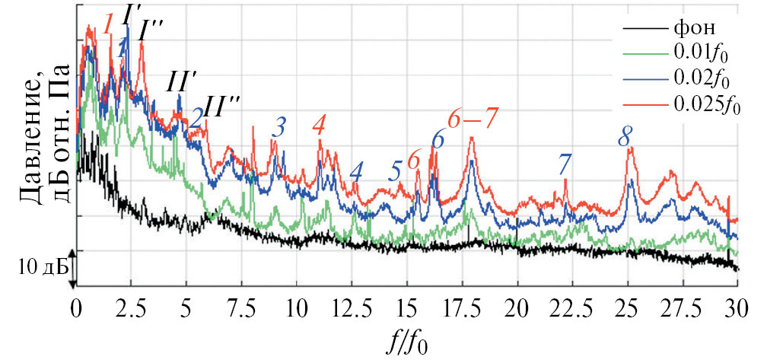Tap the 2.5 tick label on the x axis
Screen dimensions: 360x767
[x=130, y=310]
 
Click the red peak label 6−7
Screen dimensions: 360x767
[x=472, y=119]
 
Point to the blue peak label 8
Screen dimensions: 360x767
[x=624, y=137]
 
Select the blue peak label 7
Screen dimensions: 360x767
[x=564, y=164]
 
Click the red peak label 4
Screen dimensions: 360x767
[x=319, y=126]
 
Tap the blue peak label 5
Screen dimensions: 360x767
[x=394, y=170]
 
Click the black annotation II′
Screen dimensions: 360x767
[x=183, y=82]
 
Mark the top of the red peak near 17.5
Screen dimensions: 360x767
[x=472, y=139]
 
